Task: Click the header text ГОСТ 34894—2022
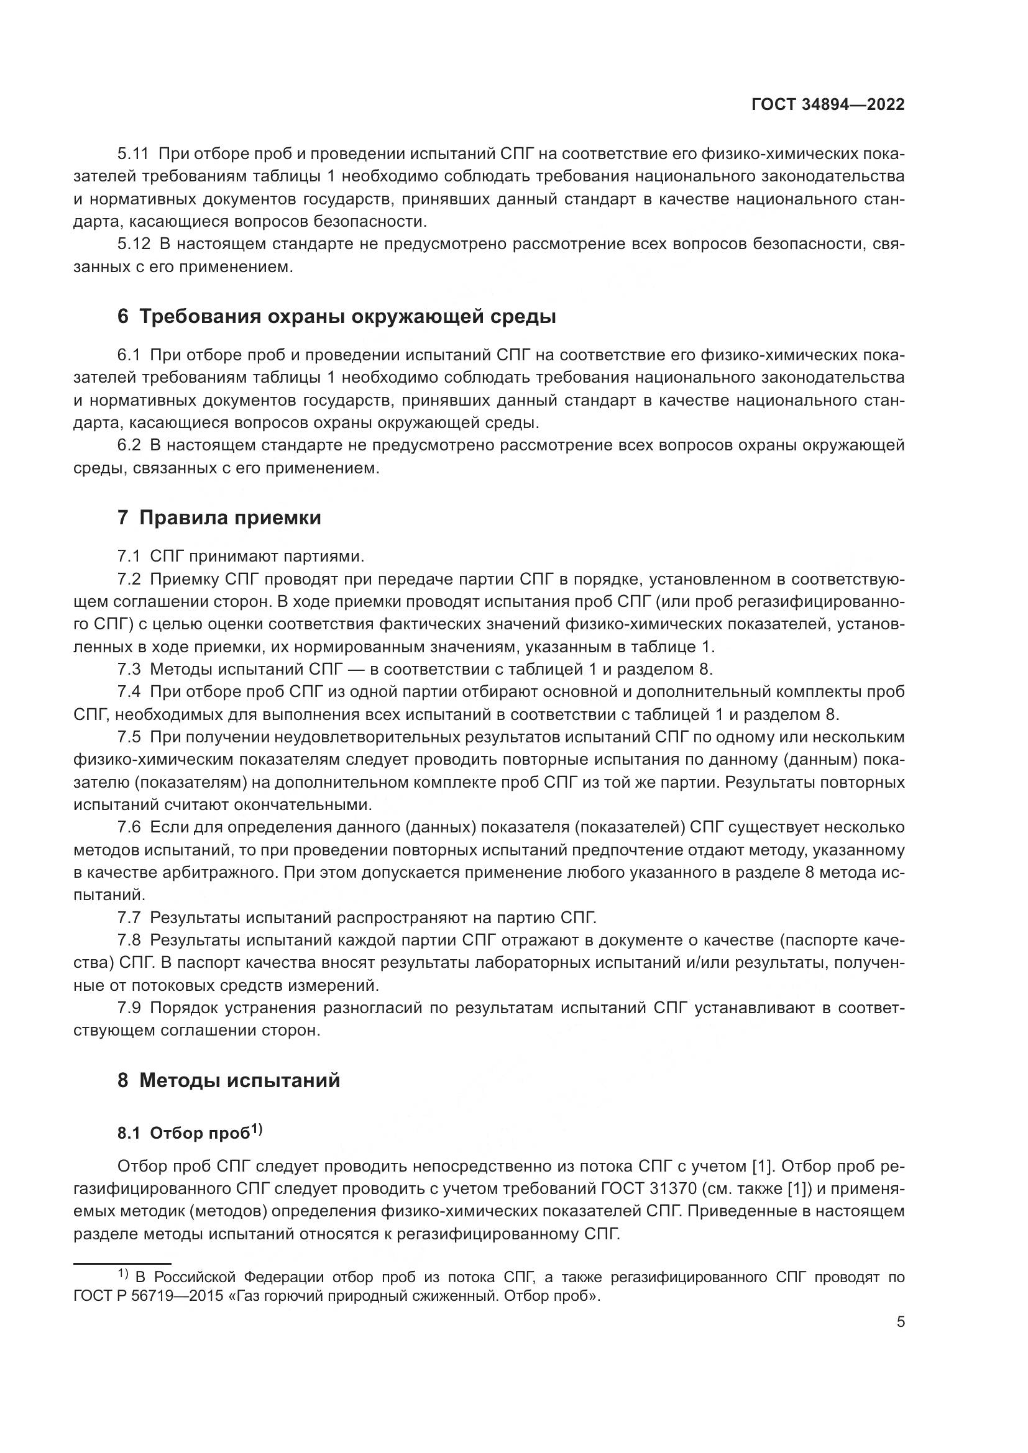(x=827, y=105)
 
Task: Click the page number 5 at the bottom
(x=900, y=1321)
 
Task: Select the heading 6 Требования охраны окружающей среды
(x=336, y=316)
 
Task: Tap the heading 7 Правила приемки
(x=219, y=517)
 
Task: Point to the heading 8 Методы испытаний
(x=229, y=1080)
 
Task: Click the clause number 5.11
(x=133, y=154)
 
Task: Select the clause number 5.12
(x=134, y=244)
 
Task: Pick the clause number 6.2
(x=129, y=445)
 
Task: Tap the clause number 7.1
(x=129, y=557)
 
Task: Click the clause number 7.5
(x=129, y=737)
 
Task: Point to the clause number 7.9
(x=129, y=1008)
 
